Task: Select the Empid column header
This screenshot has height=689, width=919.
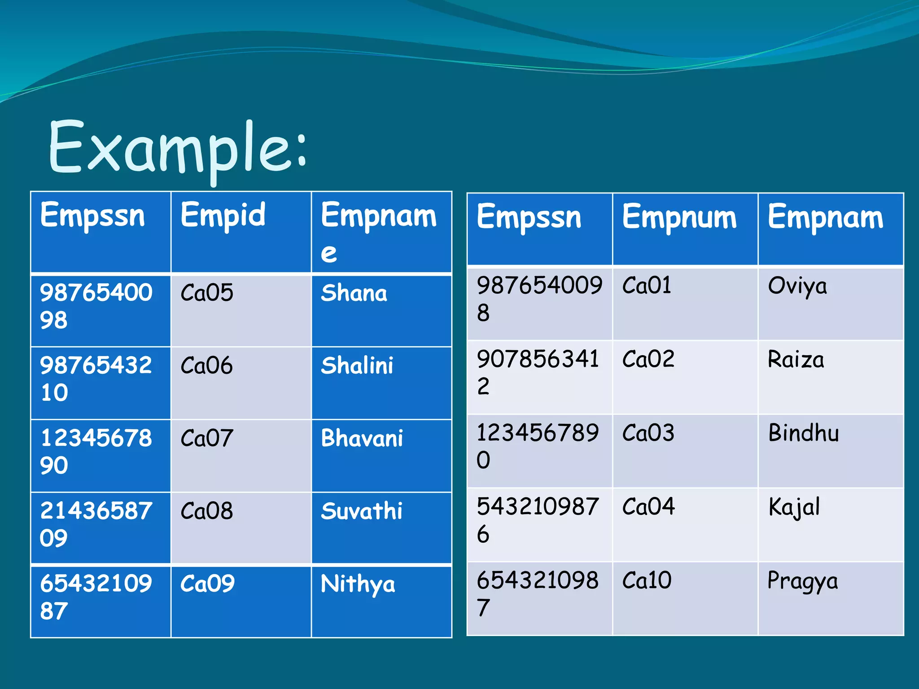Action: click(223, 215)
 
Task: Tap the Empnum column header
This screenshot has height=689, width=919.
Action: click(679, 218)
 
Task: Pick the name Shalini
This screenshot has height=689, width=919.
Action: click(357, 366)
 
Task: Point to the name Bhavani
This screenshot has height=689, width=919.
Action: click(362, 438)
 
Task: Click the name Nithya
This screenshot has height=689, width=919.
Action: click(358, 584)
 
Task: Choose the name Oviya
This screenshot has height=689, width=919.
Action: click(797, 286)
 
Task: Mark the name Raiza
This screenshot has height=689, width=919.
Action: click(796, 360)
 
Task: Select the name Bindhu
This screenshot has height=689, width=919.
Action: click(803, 433)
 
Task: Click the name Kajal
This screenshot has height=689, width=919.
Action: click(794, 507)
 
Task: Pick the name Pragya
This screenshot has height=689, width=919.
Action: click(802, 581)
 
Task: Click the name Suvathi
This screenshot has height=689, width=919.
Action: click(361, 511)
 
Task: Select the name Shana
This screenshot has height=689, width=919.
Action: click(354, 293)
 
